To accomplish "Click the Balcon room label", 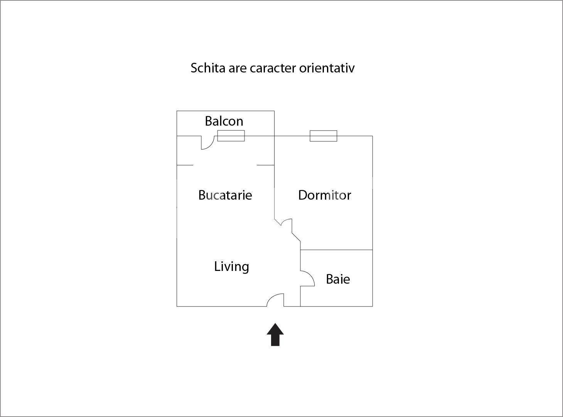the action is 224,121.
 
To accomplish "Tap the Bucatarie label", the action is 225,195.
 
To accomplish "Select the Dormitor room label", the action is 324,195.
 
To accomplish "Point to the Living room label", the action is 231,267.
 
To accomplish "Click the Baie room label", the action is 338,279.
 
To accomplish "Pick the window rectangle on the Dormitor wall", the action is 323,136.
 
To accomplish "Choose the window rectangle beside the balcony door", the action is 231,136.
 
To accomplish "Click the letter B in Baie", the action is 329,279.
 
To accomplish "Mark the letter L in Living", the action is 217,266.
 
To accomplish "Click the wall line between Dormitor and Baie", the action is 336,250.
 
